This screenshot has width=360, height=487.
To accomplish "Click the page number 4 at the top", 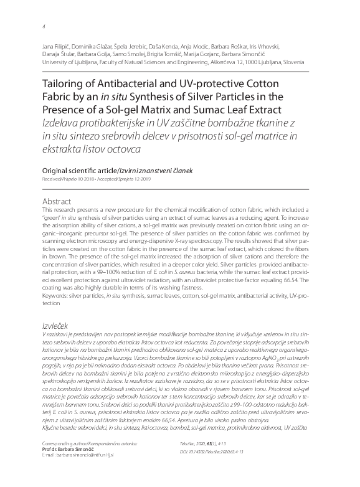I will tap(42, 26).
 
